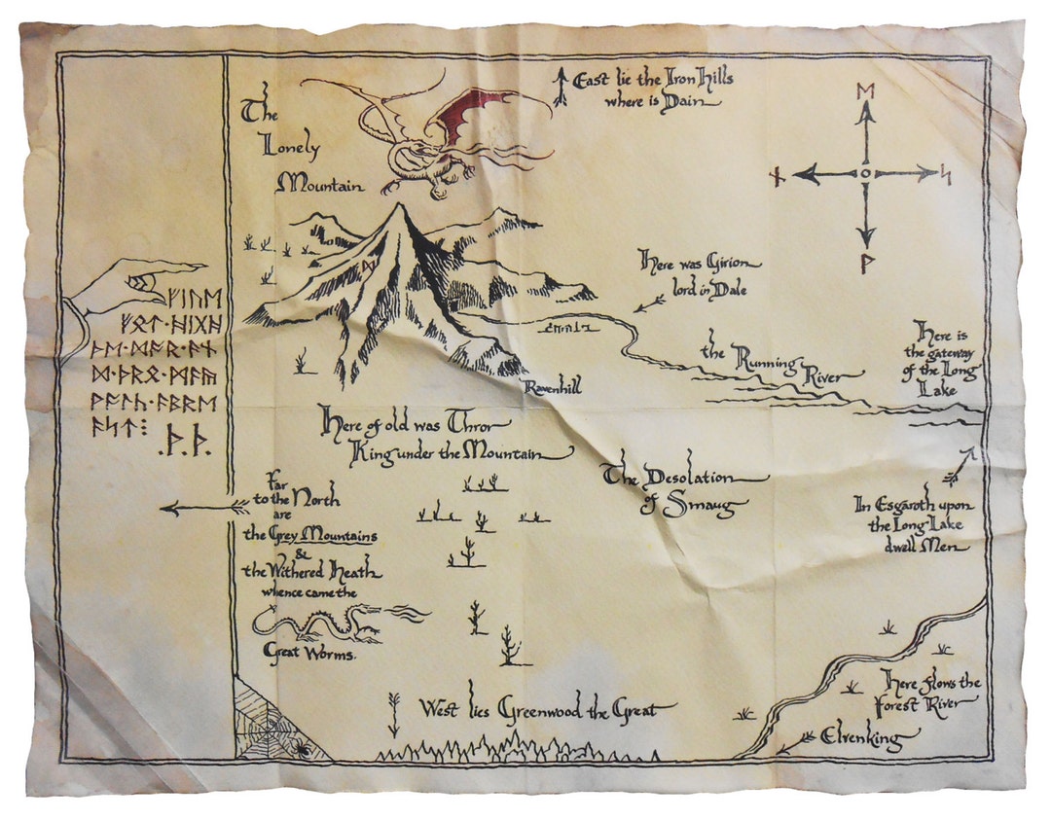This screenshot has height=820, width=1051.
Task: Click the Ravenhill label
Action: pos(554,387)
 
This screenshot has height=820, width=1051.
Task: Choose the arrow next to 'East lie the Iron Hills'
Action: pos(561,87)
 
